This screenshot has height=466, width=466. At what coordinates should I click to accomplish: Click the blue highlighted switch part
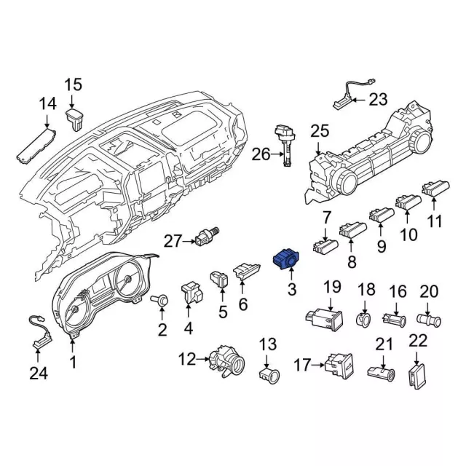pyautogui.click(x=286, y=259)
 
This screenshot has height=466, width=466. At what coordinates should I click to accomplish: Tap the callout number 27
pyautogui.click(x=173, y=241)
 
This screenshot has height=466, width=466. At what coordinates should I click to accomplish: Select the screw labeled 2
pyautogui.click(x=160, y=300)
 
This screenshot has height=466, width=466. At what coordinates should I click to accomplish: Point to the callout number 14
pyautogui.click(x=47, y=103)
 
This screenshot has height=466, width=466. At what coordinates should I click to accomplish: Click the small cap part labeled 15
pyautogui.click(x=75, y=119)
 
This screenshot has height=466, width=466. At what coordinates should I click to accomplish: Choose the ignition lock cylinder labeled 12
pyautogui.click(x=226, y=361)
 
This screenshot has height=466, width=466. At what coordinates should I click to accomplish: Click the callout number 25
pyautogui.click(x=320, y=131)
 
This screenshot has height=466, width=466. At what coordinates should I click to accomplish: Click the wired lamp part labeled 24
pyautogui.click(x=41, y=332)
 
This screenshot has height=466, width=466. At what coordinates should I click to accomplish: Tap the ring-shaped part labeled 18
pyautogui.click(x=363, y=320)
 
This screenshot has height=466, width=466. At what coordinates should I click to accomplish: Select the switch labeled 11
pyautogui.click(x=435, y=188)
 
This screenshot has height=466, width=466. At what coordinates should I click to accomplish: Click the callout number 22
pyautogui.click(x=418, y=340)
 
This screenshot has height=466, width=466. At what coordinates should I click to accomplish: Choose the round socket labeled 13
pyautogui.click(x=269, y=376)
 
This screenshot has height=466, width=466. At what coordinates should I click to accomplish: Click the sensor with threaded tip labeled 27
pyautogui.click(x=207, y=237)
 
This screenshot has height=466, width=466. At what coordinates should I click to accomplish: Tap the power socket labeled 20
pyautogui.click(x=429, y=320)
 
